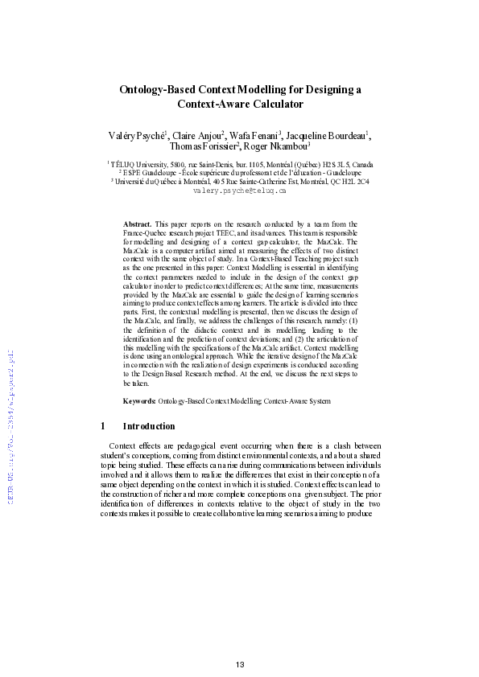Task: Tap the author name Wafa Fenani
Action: pos(255,135)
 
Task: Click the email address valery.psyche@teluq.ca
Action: pos(240,192)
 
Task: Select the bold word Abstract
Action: pos(137,223)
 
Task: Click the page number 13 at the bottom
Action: pos(239,641)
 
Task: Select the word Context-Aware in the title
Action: pos(210,105)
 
